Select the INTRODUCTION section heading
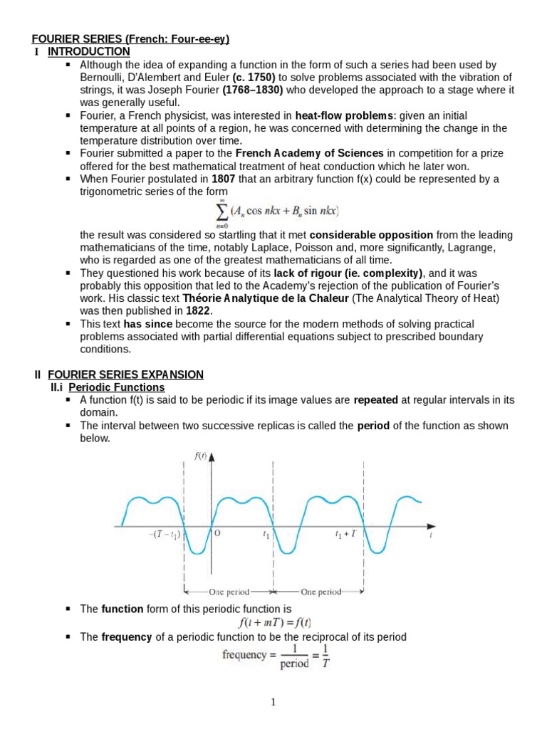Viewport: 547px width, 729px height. (88, 52)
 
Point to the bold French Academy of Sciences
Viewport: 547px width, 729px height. (310, 153)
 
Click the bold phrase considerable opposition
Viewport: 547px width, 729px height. (371, 235)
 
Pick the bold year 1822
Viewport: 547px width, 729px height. (197, 311)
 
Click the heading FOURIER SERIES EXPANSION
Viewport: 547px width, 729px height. (125, 374)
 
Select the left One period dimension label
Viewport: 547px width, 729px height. (229, 591)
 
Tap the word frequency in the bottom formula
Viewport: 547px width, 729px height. (244, 655)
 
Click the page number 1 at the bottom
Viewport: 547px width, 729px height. (273, 703)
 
